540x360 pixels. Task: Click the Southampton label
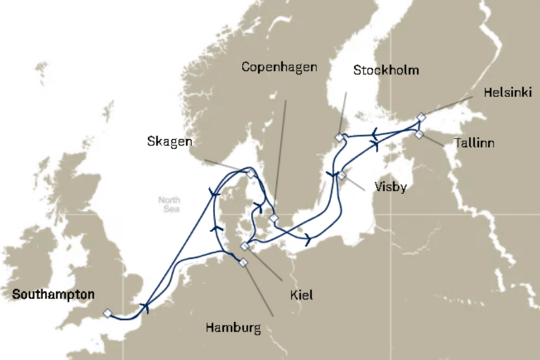pyautogui.click(x=53, y=295)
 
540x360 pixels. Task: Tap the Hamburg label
pyautogui.click(x=232, y=328)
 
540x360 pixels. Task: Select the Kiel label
pyautogui.click(x=301, y=296)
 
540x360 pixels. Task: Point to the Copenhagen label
pyautogui.click(x=279, y=67)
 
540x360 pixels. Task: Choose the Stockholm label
pyautogui.click(x=386, y=70)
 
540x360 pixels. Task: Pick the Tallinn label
pyautogui.click(x=474, y=143)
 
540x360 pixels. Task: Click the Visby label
pyautogui.click(x=392, y=188)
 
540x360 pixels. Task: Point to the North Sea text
pyautogui.click(x=169, y=204)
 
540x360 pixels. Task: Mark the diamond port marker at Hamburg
pyautogui.click(x=243, y=263)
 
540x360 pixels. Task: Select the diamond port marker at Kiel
pyautogui.click(x=245, y=246)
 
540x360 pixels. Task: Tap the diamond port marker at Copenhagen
pyautogui.click(x=274, y=218)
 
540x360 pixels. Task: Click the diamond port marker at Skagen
pyautogui.click(x=250, y=172)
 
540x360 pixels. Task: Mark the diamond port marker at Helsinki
pyautogui.click(x=420, y=117)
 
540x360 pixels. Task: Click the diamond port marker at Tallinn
pyautogui.click(x=419, y=134)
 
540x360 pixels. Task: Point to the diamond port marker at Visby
pyautogui.click(x=342, y=175)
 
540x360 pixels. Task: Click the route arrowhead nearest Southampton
pyautogui.click(x=146, y=307)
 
